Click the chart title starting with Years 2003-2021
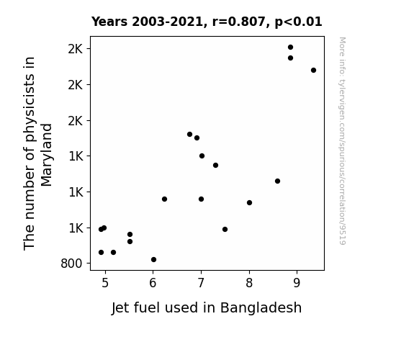click(x=207, y=22)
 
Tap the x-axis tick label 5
click(x=105, y=283)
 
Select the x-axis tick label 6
click(x=153, y=283)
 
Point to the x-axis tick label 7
click(x=201, y=283)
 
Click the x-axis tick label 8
click(x=249, y=283)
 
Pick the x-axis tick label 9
click(x=297, y=283)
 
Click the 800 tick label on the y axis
click(x=71, y=264)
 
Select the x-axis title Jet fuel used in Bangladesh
click(x=207, y=308)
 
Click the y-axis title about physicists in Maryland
click(x=37, y=153)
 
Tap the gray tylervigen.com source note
click(x=343, y=141)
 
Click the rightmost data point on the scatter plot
click(x=313, y=71)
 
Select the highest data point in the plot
click(x=290, y=48)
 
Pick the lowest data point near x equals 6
click(x=153, y=260)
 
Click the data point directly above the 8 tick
click(x=250, y=203)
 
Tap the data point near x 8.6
click(x=277, y=181)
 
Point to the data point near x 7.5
click(x=225, y=229)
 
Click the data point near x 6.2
click(x=164, y=199)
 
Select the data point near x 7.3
click(x=216, y=166)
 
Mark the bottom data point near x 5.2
click(x=114, y=253)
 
